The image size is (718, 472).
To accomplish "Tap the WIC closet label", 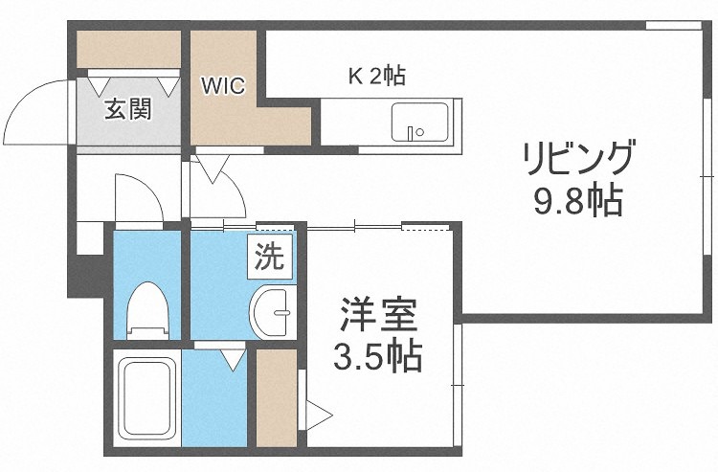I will (x=223, y=86).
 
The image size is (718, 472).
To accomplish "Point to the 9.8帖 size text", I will (x=577, y=201).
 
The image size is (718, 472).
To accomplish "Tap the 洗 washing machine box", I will (x=268, y=257).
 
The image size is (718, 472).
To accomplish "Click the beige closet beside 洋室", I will (x=277, y=397).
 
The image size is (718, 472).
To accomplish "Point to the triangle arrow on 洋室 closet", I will (x=318, y=415).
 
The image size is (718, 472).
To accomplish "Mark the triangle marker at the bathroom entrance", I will (x=230, y=359).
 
